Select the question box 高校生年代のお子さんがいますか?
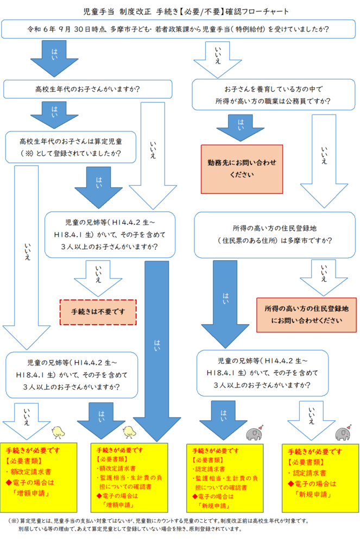87,89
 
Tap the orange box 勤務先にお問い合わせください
242,169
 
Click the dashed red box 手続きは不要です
98,312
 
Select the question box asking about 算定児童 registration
70,147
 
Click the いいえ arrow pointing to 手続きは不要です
98,277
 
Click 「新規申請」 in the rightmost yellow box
312,494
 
